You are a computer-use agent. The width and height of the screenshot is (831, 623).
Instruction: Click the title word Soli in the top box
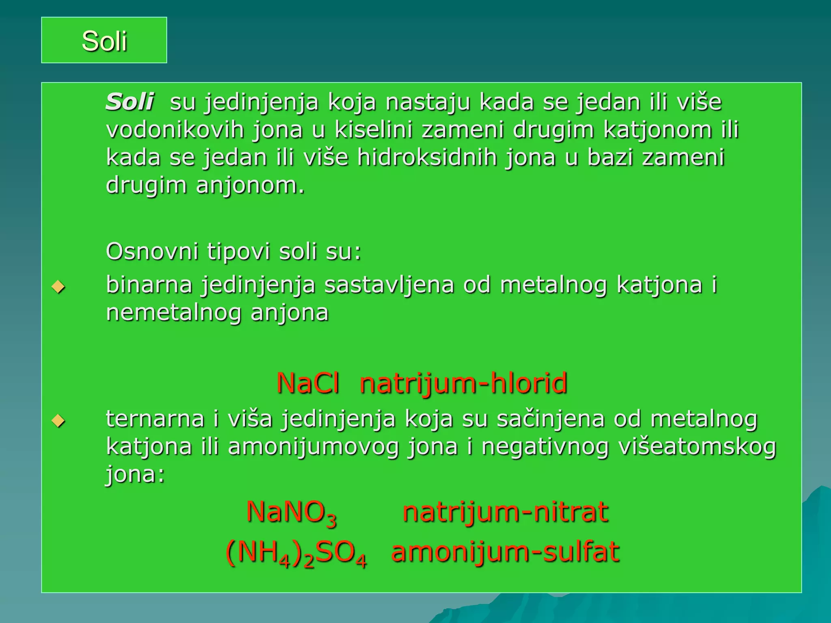[x=104, y=41]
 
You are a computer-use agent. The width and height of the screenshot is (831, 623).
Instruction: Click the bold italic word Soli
[x=129, y=101]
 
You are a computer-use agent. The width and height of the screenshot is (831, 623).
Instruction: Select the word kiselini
[x=373, y=130]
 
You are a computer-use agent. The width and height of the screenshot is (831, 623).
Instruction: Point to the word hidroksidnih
[x=427, y=157]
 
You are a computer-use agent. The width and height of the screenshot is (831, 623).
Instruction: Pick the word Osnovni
[x=152, y=251]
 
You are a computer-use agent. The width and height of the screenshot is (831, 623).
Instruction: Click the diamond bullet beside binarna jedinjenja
[x=59, y=287]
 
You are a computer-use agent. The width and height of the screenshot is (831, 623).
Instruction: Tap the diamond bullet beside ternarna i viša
[x=59, y=421]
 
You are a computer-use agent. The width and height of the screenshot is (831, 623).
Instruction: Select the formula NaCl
[x=308, y=383]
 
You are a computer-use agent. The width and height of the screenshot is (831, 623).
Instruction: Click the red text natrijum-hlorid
[x=463, y=383]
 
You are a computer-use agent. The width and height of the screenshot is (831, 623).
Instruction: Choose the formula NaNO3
[x=291, y=513]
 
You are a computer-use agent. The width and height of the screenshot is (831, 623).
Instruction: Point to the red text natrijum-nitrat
[x=505, y=512]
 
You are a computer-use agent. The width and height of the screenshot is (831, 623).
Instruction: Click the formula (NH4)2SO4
[x=296, y=553]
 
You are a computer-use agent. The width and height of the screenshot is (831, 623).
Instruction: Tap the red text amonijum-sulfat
[x=505, y=552]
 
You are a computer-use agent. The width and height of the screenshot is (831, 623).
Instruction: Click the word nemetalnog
[x=174, y=313]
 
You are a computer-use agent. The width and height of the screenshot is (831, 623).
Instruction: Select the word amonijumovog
[x=313, y=447]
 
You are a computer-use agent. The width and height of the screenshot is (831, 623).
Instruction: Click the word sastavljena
[x=389, y=285]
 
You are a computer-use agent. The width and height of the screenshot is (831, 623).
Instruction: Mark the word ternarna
[x=155, y=419]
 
